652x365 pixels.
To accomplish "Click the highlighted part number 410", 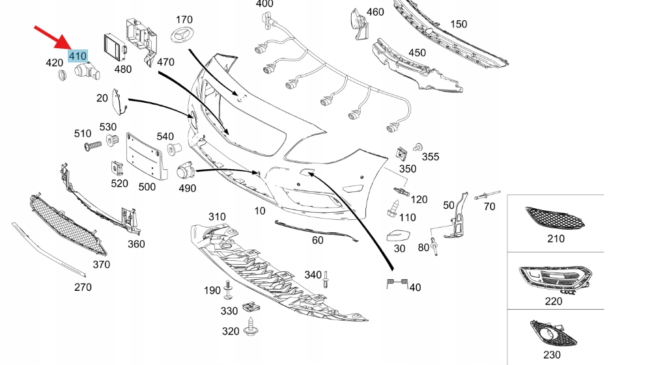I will click(78, 57).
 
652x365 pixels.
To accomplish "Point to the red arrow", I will click(53, 36).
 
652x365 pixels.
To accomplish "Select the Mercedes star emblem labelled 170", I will click(185, 36).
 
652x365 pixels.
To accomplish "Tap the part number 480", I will click(122, 69).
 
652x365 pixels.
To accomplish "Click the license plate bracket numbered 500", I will click(145, 157).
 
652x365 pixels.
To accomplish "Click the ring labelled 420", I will click(63, 75).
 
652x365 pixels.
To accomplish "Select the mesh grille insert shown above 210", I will click(555, 217).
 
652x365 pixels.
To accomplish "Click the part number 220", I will click(553, 301).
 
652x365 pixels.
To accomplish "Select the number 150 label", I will click(459, 24).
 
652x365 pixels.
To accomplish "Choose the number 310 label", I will click(217, 217).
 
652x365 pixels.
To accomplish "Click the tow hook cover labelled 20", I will click(118, 101).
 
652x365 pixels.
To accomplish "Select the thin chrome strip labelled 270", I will click(48, 250).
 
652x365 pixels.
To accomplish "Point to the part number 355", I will click(431, 157).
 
